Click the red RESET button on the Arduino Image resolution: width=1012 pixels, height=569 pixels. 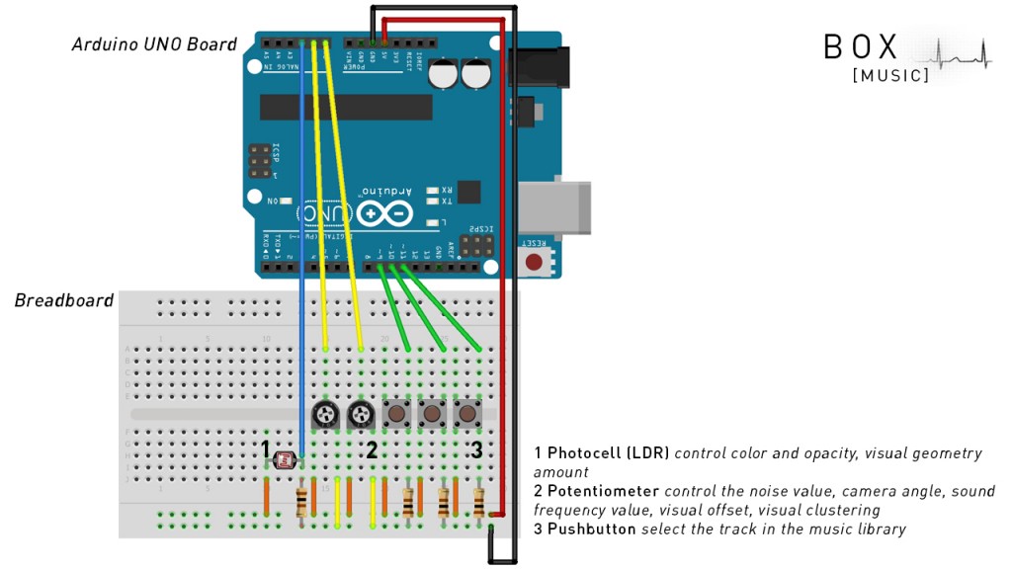click(x=535, y=263)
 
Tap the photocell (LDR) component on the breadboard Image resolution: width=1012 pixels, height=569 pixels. click(x=287, y=459)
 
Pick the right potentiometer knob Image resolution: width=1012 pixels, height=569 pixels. click(x=361, y=416)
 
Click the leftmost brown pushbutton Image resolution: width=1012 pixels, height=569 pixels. click(x=398, y=413)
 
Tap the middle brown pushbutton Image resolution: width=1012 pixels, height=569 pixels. click(x=432, y=413)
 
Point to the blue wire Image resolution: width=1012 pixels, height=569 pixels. click(x=302, y=247)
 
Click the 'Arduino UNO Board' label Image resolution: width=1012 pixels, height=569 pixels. click(x=154, y=44)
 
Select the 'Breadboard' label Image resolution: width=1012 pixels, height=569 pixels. click(x=64, y=300)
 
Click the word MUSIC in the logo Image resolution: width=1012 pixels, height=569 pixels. click(x=890, y=75)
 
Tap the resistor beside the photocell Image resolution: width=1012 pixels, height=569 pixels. click(x=301, y=502)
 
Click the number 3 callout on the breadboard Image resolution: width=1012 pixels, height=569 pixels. click(x=476, y=449)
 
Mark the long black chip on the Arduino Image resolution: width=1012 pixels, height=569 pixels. click(x=346, y=107)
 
